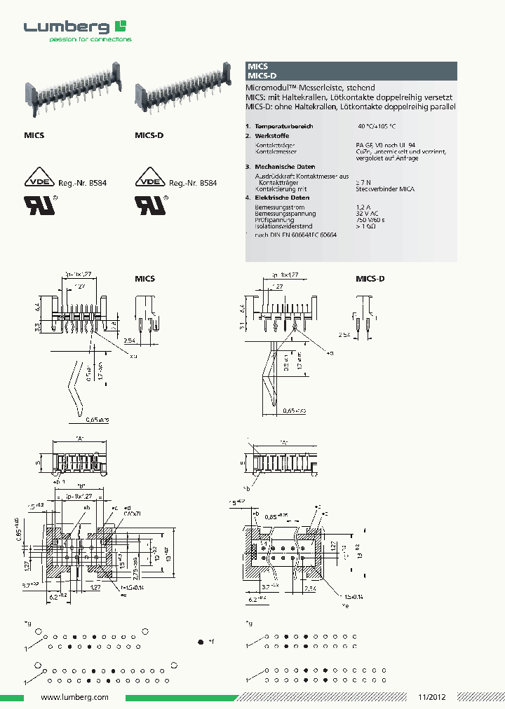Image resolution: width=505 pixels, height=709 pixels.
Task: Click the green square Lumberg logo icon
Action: [121, 27]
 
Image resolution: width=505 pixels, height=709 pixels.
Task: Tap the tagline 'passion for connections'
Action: [90, 39]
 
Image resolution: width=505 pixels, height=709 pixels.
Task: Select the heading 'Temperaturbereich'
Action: [284, 126]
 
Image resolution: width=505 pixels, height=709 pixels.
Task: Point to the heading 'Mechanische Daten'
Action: [285, 167]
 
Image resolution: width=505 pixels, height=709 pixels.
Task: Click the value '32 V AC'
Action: [369, 214]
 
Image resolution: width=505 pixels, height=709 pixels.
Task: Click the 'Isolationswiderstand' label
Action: [284, 226]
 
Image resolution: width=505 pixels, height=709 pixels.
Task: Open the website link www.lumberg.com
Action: [74, 698]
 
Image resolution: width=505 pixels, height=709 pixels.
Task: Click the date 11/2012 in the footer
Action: [432, 698]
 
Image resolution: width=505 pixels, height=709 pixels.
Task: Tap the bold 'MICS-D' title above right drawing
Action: [370, 279]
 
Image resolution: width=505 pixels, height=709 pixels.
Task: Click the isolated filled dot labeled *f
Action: [201, 642]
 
